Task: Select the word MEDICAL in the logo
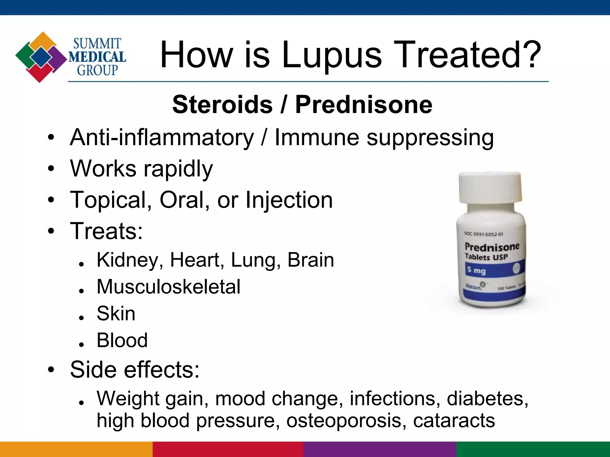coord(97,57)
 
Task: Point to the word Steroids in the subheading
coord(222,104)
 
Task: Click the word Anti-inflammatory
coord(162,137)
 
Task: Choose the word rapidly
coord(178,169)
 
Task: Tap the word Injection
coord(289,200)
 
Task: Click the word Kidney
coord(130,260)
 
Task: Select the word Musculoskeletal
coord(169,287)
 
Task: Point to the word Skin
coord(116,314)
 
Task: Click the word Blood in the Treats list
coord(122,340)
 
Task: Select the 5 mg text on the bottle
coord(476,270)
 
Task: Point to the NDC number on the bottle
coord(484,234)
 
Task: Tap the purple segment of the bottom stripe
coord(380,449)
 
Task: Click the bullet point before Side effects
coord(51,370)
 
